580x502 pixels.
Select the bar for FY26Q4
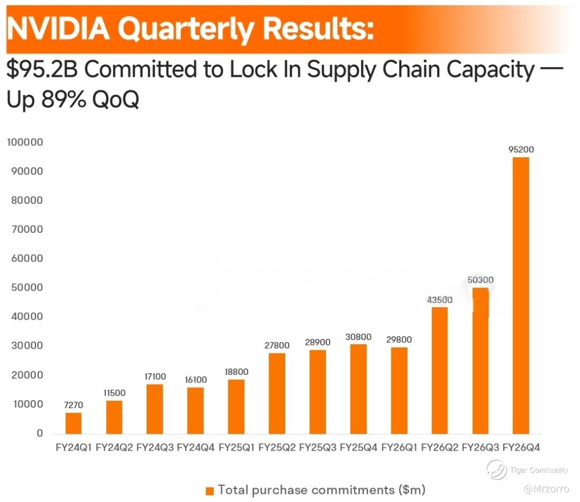(x=520, y=295)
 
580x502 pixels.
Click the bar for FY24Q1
(x=74, y=423)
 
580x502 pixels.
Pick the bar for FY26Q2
(x=439, y=370)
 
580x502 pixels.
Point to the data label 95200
(x=521, y=150)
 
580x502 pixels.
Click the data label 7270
(x=74, y=405)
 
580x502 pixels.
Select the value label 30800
(x=358, y=337)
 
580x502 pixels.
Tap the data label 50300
(x=480, y=280)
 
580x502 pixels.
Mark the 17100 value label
(x=155, y=377)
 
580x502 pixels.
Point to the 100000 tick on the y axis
(x=25, y=143)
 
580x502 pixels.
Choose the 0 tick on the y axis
(x=39, y=433)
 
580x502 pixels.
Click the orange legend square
(x=209, y=491)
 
